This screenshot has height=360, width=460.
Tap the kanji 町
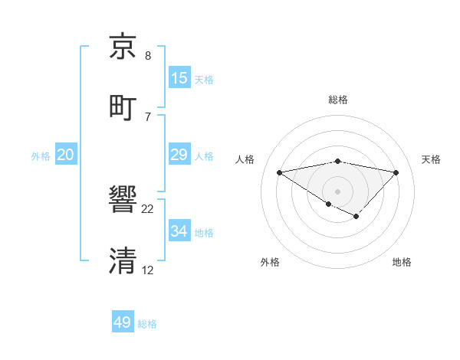[x=123, y=106]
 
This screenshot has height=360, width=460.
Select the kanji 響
[x=123, y=201]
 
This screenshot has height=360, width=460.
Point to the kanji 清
[x=123, y=260]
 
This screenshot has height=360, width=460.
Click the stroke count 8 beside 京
[x=148, y=56]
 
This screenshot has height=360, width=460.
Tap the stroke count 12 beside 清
[x=148, y=270]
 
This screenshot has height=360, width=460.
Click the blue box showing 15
[x=179, y=78]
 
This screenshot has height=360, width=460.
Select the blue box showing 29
[x=179, y=155]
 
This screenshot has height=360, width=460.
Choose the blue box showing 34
[x=179, y=231]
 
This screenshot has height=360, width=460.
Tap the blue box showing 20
[x=66, y=155]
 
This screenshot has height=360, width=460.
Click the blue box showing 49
[x=123, y=322]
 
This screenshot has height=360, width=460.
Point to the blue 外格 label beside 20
[x=41, y=156]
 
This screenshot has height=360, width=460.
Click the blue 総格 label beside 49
[x=147, y=324]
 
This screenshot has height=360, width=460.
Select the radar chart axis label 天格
[x=432, y=159]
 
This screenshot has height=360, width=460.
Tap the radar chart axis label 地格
[x=402, y=262]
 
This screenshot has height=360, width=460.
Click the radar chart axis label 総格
[x=338, y=100]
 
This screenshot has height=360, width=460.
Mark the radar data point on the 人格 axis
[x=279, y=172]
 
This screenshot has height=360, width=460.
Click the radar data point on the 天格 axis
[x=396, y=172]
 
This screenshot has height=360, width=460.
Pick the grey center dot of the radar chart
[x=337, y=191]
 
